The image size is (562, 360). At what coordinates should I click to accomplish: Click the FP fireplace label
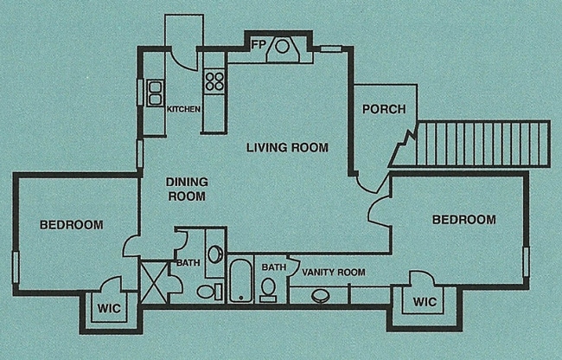tap(259, 44)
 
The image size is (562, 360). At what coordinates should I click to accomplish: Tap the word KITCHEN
tap(183, 109)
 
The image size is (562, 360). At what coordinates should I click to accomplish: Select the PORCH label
tap(384, 109)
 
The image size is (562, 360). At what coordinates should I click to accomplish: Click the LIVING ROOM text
tap(287, 147)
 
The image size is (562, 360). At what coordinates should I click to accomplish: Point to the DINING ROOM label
tap(187, 189)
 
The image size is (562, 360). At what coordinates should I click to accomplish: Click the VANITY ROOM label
tap(334, 273)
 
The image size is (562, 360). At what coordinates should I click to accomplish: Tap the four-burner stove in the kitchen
tap(214, 81)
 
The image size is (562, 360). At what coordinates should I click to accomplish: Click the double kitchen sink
tap(156, 93)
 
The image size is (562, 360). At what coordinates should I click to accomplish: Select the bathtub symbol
tap(240, 280)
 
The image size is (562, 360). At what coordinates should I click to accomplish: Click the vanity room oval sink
tap(321, 296)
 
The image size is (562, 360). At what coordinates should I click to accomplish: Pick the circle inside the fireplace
tap(282, 46)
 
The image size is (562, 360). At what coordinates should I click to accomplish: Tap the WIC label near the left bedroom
tap(109, 308)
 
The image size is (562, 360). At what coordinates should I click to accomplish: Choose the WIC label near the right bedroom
tap(425, 301)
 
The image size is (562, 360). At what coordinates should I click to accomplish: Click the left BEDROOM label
tap(72, 225)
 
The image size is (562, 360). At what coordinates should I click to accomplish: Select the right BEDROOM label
tap(464, 220)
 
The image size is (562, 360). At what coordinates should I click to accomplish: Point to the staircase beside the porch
tap(482, 145)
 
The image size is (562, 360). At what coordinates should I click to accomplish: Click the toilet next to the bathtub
tap(268, 289)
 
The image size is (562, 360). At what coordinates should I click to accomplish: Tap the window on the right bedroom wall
tap(526, 261)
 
